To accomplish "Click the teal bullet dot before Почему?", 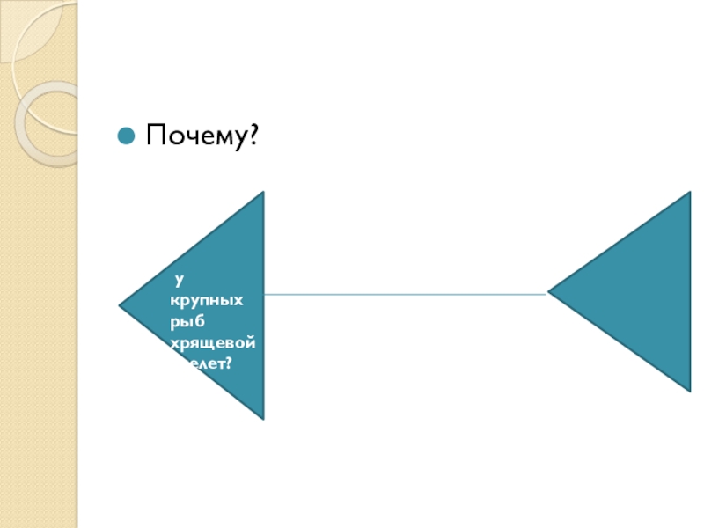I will coord(126,136).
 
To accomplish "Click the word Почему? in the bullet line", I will coord(202,136).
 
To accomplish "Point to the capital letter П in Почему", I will coord(157,136).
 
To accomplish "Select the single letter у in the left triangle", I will coord(178,281).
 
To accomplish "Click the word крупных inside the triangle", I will coord(207,301).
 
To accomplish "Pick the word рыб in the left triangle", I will coord(188,320).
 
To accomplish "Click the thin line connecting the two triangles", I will coord(405,294).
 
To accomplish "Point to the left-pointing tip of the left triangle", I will coord(121,306).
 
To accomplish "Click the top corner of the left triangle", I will coord(263,194).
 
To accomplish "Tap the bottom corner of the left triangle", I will coord(263,418).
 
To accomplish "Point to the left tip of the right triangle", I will coord(550,292).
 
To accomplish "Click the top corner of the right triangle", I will coord(690,194).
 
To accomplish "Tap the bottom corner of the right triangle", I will coord(690,389).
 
